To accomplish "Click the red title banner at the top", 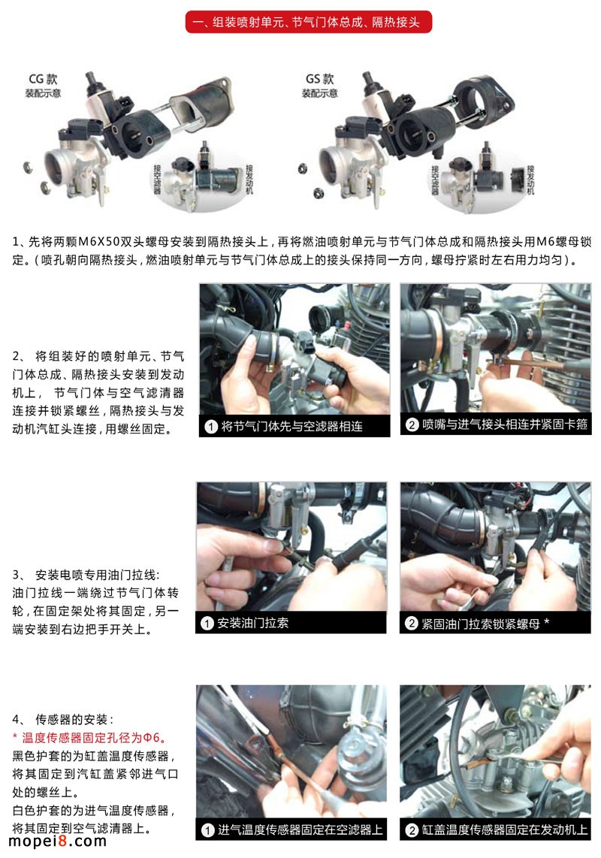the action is (308, 23).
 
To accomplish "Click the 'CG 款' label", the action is (44, 79).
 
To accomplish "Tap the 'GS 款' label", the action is (320, 79).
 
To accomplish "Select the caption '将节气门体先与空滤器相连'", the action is (291, 426).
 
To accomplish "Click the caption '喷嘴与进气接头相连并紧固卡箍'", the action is (505, 424).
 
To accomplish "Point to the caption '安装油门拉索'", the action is (252, 623).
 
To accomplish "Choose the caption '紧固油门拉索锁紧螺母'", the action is (480, 624).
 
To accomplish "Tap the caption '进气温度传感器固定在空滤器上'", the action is (300, 829).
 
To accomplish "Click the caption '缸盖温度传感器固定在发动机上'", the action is (505, 829).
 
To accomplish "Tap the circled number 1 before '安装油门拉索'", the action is (207, 624).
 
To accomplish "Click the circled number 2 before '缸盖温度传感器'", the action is (412, 830).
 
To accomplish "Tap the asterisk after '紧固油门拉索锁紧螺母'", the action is (546, 621).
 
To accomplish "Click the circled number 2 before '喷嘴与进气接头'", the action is (412, 424).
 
